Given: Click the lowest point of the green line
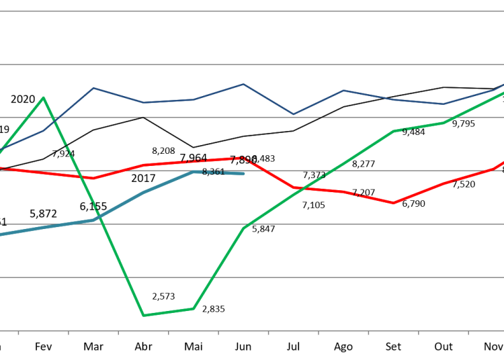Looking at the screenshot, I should (143, 315).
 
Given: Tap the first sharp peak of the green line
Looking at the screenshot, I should (44, 98).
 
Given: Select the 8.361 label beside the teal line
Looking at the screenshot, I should (213, 173).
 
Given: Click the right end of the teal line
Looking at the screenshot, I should (243, 173).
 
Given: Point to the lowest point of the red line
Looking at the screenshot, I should (394, 203).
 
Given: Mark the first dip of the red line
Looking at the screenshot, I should (93, 178).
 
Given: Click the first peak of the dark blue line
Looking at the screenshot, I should (93, 88).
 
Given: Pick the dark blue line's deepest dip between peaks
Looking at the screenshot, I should (293, 114).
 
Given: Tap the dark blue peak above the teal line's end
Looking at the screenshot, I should (243, 85).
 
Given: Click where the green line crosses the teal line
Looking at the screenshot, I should (95, 218).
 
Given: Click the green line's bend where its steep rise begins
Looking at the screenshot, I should (194, 308).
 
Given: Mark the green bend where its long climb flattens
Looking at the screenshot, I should (394, 131).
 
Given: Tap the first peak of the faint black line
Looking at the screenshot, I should (143, 117).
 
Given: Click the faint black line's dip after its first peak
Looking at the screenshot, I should (194, 147).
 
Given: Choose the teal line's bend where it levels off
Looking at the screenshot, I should (194, 172).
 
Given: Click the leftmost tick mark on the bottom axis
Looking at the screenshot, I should (18, 332).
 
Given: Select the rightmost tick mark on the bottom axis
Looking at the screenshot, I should (468, 332).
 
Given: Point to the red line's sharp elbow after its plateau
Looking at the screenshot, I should (243, 158).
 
